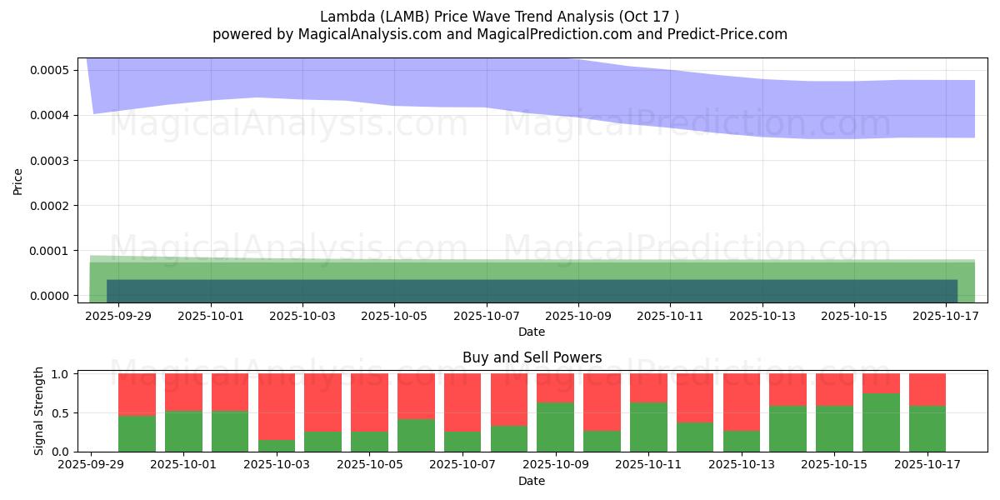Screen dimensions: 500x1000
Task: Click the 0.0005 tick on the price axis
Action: (x=51, y=70)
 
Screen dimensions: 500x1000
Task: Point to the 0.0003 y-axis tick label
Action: (x=51, y=160)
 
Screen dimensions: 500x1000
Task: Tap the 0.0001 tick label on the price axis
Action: (x=51, y=251)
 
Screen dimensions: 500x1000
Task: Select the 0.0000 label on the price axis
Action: (x=51, y=296)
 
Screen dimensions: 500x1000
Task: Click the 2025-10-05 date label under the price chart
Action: (x=394, y=317)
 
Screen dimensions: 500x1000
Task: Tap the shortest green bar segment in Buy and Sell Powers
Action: (x=277, y=445)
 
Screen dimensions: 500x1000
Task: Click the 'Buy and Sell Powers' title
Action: (x=532, y=357)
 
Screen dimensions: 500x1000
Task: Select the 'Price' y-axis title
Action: (x=18, y=181)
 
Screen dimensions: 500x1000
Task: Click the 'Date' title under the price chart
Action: (x=532, y=332)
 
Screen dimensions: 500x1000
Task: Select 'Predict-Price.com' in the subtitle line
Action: (x=731, y=34)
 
